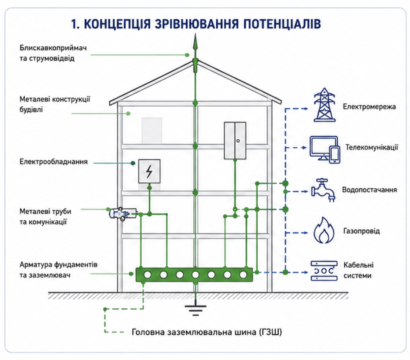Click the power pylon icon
[324, 105]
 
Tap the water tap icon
[323, 190]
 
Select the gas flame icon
[324, 230]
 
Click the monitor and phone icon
[325, 149]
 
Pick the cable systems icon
[324, 271]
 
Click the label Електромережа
[369, 107]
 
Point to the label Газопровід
[361, 231]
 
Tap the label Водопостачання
[369, 190]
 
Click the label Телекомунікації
[372, 147]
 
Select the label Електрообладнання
[54, 162]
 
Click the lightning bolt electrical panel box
[149, 171]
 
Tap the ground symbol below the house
[195, 310]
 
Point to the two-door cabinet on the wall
[235, 141]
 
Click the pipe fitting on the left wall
[122, 214]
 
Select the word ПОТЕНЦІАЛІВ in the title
[282, 24]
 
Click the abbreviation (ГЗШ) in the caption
[271, 332]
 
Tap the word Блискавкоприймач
[53, 48]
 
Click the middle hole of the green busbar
[195, 275]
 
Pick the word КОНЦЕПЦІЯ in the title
[117, 24]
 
